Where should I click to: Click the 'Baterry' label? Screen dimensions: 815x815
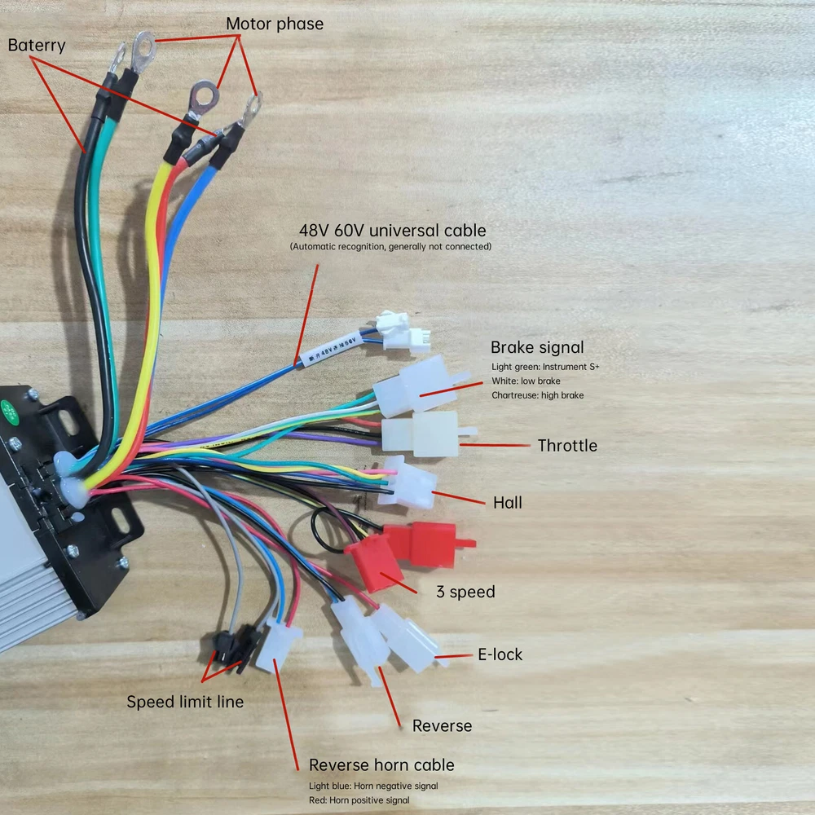(37, 45)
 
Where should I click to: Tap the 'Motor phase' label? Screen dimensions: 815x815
(275, 24)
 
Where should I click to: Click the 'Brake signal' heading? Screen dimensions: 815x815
(537, 348)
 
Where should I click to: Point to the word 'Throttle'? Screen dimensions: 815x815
(567, 445)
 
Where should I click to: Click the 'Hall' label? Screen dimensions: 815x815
(508, 502)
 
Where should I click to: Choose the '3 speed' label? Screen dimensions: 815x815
(466, 591)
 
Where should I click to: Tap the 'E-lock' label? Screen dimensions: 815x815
(500, 654)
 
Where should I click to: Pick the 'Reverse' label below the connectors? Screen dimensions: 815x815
(442, 725)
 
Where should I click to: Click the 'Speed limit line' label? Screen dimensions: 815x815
(185, 701)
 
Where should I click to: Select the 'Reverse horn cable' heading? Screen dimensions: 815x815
(381, 764)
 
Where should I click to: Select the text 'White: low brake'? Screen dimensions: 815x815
(526, 381)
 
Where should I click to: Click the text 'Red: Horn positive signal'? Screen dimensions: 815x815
(359, 800)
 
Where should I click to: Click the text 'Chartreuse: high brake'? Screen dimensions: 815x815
(537, 395)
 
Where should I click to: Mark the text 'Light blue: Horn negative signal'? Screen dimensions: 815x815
(373, 786)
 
